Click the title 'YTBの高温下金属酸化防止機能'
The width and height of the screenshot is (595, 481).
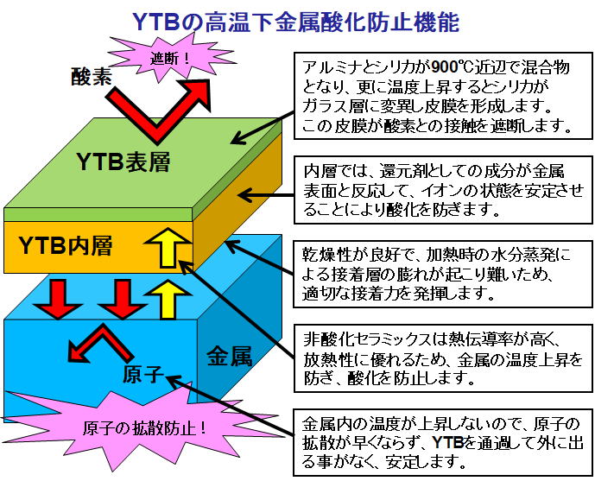(295, 22)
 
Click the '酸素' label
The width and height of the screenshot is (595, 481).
(92, 76)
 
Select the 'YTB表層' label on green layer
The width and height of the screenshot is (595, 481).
(123, 161)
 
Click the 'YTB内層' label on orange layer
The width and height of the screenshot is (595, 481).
(66, 245)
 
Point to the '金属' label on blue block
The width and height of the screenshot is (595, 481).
(229, 356)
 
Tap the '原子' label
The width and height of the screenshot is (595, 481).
(143, 374)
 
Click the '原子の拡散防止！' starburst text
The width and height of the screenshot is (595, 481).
(144, 428)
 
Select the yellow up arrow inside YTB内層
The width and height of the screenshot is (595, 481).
(168, 247)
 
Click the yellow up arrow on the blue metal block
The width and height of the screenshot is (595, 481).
(168, 300)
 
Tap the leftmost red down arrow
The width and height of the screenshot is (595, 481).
(58, 299)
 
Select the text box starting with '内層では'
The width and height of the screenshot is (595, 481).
(443, 190)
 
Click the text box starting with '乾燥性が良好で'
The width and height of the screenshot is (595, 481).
(443, 274)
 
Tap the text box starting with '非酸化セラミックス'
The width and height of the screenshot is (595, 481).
(443, 358)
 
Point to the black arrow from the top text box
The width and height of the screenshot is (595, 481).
(263, 128)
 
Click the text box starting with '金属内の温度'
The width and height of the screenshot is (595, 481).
(443, 442)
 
